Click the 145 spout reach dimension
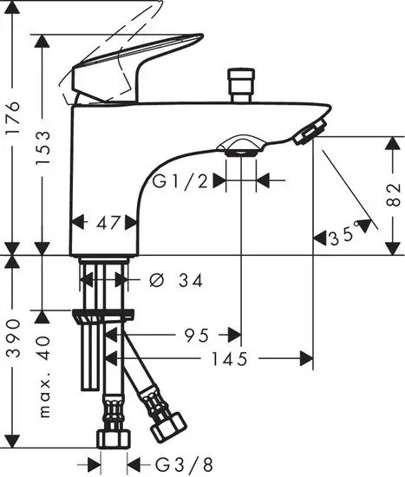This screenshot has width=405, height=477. [233, 356]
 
